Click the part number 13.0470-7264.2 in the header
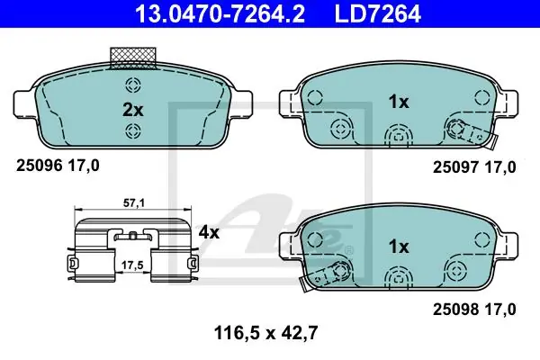220,14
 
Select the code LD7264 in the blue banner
378,14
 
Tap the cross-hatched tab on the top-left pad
133,58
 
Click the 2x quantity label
133,110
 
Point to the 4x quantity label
209,233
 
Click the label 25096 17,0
58,166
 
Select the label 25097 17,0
474,167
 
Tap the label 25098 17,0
474,310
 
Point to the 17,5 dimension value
132,265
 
